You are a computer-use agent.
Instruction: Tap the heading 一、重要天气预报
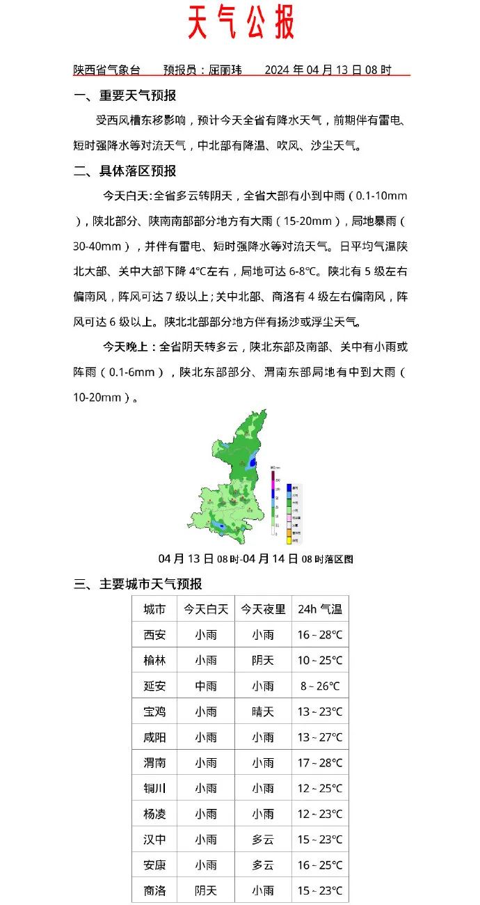coord(125,95)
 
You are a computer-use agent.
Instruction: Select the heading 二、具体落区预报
coord(125,171)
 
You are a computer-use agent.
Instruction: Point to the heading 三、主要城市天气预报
coord(138,584)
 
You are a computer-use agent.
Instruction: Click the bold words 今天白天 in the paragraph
coord(126,196)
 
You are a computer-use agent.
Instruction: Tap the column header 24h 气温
coord(320,609)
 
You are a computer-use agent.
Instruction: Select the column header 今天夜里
coord(263,609)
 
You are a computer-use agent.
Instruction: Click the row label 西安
coord(154,635)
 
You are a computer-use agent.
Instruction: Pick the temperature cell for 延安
coord(320,686)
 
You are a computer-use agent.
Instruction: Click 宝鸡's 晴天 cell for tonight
coord(263,711)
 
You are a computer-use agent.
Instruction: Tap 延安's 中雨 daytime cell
coord(206,686)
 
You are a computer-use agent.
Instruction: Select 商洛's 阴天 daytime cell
coord(206,890)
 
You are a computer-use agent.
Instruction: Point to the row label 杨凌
coord(154,814)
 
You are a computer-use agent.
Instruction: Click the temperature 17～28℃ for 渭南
coord(320,763)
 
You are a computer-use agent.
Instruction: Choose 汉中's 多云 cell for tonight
coord(263,840)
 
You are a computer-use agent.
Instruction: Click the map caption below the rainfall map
coord(256,559)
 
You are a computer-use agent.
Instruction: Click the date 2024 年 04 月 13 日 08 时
coord(328,70)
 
